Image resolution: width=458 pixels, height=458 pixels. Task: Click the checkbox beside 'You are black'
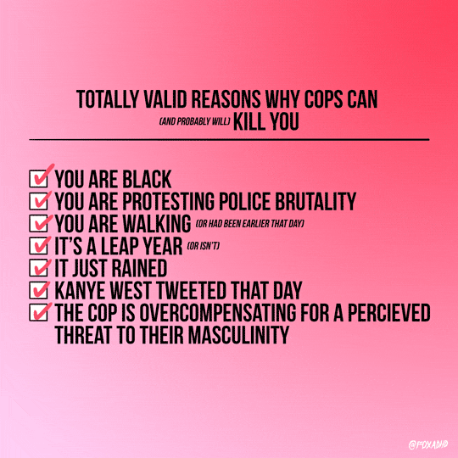click(38, 179)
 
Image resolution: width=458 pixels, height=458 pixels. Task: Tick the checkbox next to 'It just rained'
click(38, 268)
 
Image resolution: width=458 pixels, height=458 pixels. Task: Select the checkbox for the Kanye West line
click(38, 290)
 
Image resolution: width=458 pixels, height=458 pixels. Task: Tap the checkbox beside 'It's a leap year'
click(38, 246)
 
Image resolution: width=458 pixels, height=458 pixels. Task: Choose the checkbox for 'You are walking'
click(38, 223)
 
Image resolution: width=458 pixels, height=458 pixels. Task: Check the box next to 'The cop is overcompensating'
click(38, 312)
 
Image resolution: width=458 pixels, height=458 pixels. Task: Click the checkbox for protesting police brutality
click(38, 201)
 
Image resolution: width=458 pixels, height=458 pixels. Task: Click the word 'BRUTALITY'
click(316, 201)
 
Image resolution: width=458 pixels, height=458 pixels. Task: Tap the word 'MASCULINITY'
click(238, 335)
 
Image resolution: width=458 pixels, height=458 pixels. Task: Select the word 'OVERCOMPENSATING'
click(218, 312)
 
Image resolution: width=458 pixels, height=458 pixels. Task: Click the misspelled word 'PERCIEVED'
click(388, 312)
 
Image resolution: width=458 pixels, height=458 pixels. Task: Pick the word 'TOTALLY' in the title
click(107, 99)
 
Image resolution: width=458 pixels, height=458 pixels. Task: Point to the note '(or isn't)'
click(204, 246)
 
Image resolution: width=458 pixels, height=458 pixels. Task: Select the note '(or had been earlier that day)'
click(249, 224)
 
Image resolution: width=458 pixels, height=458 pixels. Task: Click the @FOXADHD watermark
click(428, 444)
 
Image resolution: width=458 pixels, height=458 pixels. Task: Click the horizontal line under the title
click(229, 140)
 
